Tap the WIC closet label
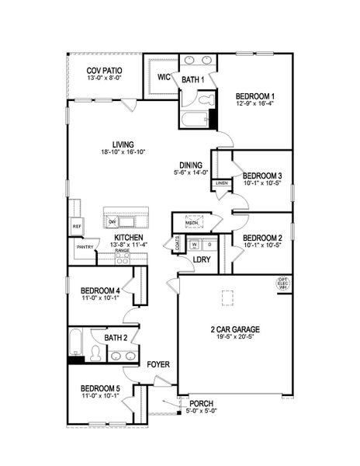point(164,77)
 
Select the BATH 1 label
point(192,79)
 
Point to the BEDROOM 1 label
point(255,96)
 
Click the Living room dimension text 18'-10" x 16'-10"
point(123,154)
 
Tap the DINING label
point(191,165)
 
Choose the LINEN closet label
point(222,183)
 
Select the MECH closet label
point(191,224)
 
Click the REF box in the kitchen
point(77,227)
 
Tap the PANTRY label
point(85,247)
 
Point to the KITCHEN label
point(127,237)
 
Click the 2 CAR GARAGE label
point(234,329)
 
